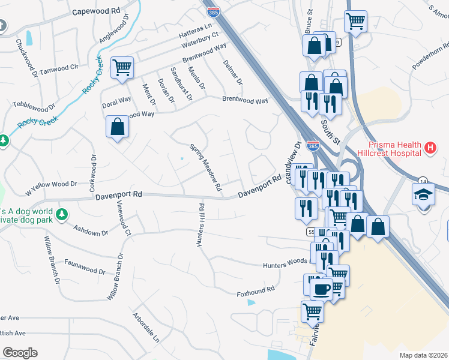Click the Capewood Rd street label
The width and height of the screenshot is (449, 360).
coord(96,11)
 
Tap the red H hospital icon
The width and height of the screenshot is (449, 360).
coord(429,148)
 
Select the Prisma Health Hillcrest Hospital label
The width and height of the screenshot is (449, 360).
coord(394,148)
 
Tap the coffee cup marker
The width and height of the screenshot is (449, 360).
coord(321,289)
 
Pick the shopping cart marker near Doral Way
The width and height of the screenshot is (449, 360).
coord(122,67)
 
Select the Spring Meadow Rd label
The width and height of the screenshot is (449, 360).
coord(206,167)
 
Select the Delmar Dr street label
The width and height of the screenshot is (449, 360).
coord(232,72)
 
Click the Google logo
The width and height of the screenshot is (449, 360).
coord(20,353)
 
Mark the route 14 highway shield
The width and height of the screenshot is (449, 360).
coord(423,181)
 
